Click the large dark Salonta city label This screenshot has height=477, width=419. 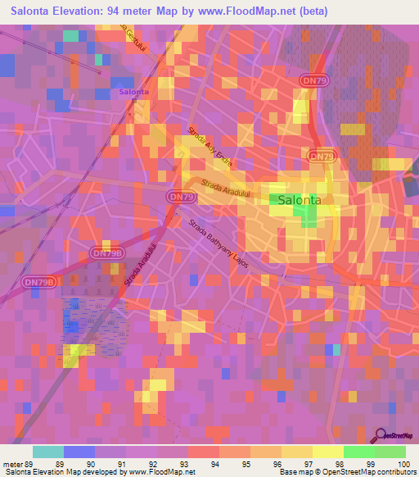(300, 199)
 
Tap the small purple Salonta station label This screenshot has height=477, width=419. (133, 92)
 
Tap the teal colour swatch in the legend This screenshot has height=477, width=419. (48, 452)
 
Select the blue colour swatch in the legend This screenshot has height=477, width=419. (79, 452)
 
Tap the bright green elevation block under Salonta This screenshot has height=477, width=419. (309, 216)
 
